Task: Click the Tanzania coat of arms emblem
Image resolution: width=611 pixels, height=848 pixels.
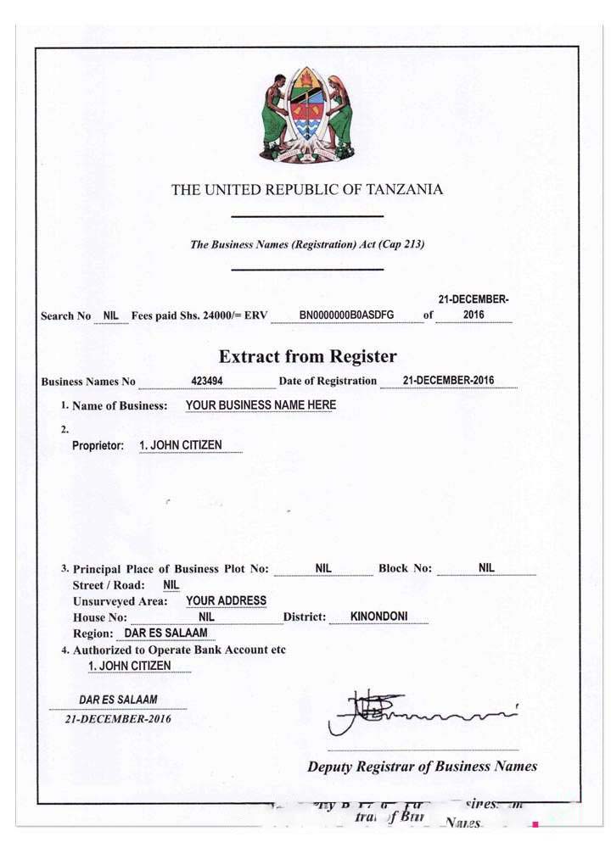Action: pos(306,114)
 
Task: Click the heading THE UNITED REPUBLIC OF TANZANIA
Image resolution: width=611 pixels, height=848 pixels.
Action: pos(306,190)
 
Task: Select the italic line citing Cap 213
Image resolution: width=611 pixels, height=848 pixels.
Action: pos(307,244)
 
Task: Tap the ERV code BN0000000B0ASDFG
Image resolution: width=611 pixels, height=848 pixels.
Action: pos(346,315)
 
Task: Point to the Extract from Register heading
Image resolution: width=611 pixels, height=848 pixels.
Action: pos(307,356)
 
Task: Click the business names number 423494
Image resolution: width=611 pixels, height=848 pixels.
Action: pos(207,381)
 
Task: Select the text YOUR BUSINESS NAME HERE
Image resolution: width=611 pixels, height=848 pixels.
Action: pos(261,405)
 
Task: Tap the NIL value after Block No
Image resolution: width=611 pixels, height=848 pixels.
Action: pos(486,568)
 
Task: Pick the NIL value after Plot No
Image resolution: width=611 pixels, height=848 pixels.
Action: pos(323,568)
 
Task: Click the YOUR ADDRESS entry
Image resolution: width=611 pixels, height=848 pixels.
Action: pos(226,600)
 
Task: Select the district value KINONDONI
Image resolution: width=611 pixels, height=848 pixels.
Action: pos(379,616)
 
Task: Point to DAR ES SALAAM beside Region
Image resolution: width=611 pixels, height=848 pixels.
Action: pos(165,633)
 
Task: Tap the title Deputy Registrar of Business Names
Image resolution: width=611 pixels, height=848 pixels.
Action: pos(422,767)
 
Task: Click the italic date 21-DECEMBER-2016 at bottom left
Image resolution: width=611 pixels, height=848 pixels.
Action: pos(118,718)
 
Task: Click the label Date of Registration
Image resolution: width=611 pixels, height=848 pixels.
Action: pos(328,381)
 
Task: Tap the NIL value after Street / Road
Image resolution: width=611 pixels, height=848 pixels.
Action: pos(171,584)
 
